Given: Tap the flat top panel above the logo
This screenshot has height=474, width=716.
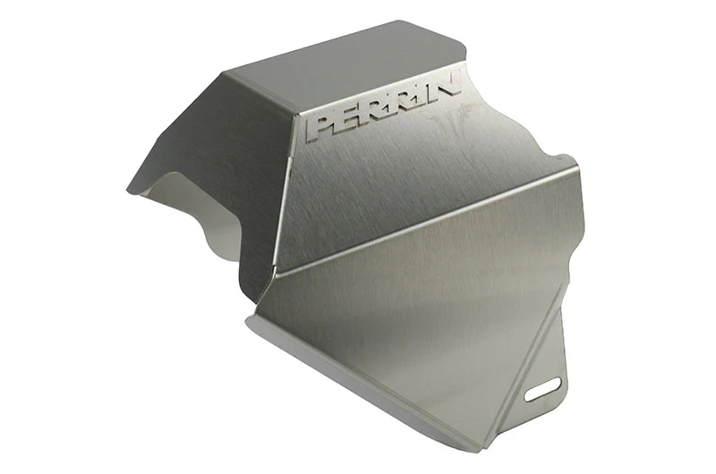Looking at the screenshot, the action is [x=347, y=69].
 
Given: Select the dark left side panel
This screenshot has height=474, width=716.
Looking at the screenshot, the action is [x=215, y=160].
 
